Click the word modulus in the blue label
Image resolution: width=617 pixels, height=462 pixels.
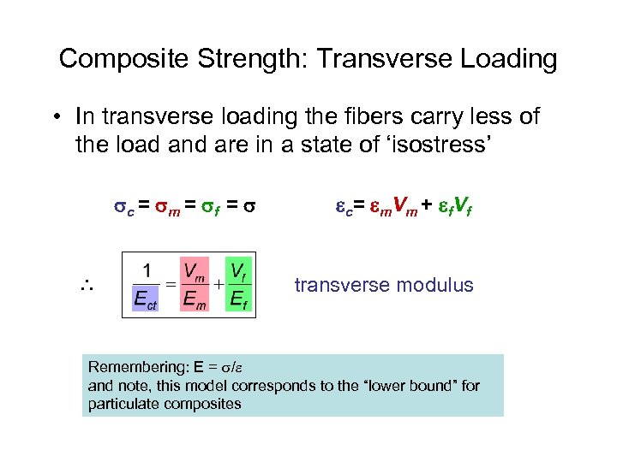tap(436, 285)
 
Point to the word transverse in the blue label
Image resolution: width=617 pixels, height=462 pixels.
tap(339, 285)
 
